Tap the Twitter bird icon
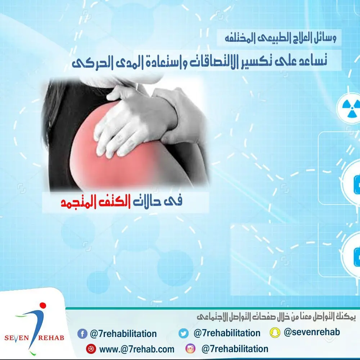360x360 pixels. (184, 333)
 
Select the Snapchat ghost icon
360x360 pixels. (275, 332)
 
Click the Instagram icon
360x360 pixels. (190, 348)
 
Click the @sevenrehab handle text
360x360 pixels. (312, 332)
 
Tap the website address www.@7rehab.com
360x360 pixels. (137, 349)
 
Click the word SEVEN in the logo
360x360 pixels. (17, 338)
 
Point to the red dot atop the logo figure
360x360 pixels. (43, 305)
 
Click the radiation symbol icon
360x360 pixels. (350, 107)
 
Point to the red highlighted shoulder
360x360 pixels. (108, 158)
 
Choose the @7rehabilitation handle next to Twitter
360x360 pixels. (227, 333)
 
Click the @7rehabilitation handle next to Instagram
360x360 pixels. (235, 349)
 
